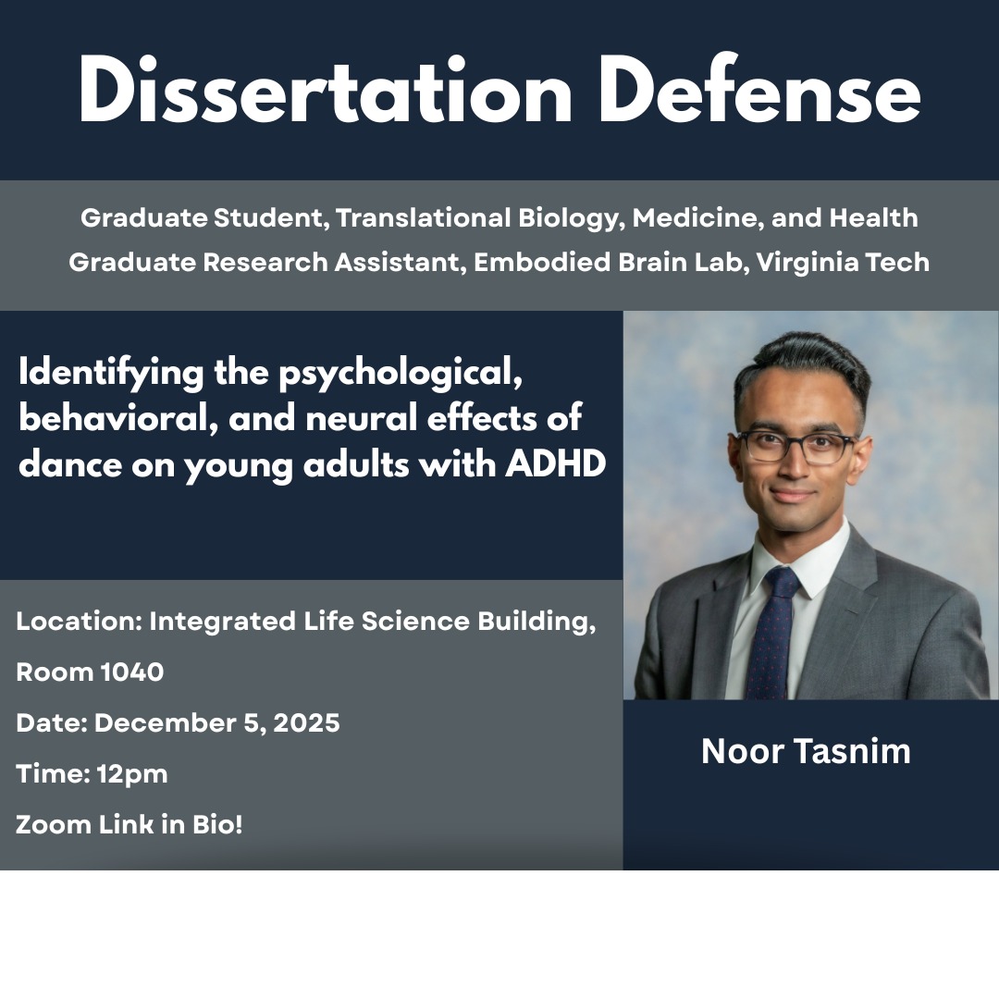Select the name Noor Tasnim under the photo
[806, 751]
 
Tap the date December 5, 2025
[216, 722]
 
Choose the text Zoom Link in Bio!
[129, 824]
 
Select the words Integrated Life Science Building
[370, 622]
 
